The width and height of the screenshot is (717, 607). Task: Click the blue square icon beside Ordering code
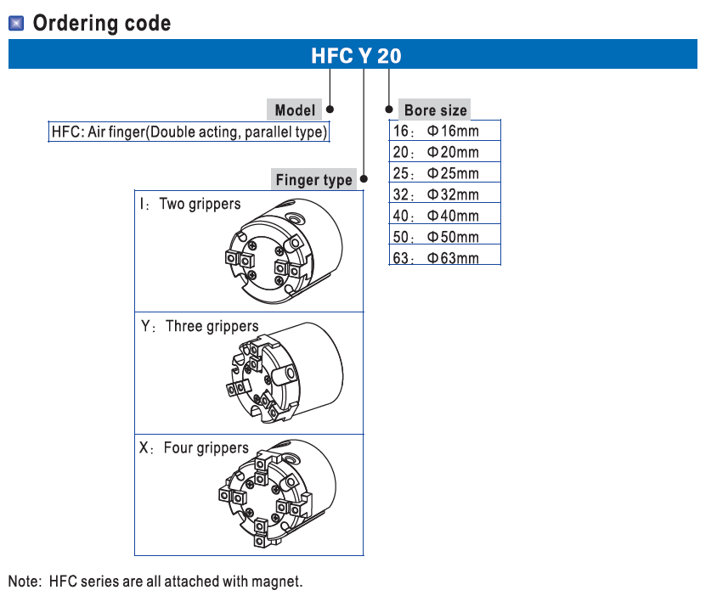pyautogui.click(x=16, y=23)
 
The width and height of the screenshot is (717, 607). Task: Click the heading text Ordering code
pyautogui.click(x=101, y=23)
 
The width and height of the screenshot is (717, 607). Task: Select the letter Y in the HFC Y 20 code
pyautogui.click(x=364, y=57)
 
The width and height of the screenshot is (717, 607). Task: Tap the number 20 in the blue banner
pyautogui.click(x=389, y=57)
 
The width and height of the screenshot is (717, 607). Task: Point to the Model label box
pyautogui.click(x=295, y=110)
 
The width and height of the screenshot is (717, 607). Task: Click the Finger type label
pyautogui.click(x=313, y=180)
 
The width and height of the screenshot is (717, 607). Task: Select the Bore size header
pyautogui.click(x=435, y=110)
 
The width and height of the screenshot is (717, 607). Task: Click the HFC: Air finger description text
pyautogui.click(x=189, y=133)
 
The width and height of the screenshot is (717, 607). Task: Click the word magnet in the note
pyautogui.click(x=278, y=582)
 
